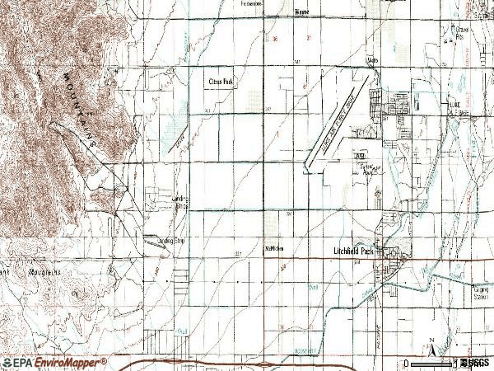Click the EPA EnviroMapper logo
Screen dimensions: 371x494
[x=54, y=362]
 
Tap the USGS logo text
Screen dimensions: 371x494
[x=476, y=363]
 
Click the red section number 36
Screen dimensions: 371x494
[x=275, y=39]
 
